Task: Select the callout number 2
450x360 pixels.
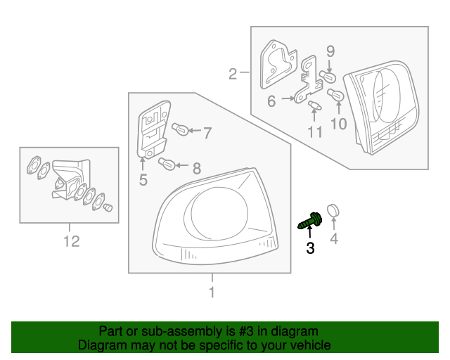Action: pyautogui.click(x=233, y=72)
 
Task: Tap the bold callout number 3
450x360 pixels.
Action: pyautogui.click(x=310, y=247)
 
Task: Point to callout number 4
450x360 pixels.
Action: pyautogui.click(x=334, y=239)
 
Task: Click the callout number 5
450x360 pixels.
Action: pyautogui.click(x=143, y=180)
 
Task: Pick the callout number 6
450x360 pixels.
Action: pyautogui.click(x=271, y=101)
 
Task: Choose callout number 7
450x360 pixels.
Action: pyautogui.click(x=207, y=130)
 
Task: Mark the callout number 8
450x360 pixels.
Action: pyautogui.click(x=196, y=168)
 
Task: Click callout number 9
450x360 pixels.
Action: pyautogui.click(x=330, y=51)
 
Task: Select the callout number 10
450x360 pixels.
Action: pyautogui.click(x=339, y=124)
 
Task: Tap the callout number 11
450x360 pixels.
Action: pyautogui.click(x=314, y=131)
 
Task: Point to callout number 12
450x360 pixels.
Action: pyautogui.click(x=71, y=242)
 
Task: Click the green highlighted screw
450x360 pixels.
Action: pyautogui.click(x=309, y=221)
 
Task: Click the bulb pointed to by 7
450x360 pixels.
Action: pyautogui.click(x=181, y=129)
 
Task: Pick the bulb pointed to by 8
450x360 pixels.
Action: pyautogui.click(x=167, y=165)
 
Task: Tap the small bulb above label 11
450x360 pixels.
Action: pyautogui.click(x=314, y=106)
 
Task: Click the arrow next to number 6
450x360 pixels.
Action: pyautogui.click(x=288, y=100)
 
